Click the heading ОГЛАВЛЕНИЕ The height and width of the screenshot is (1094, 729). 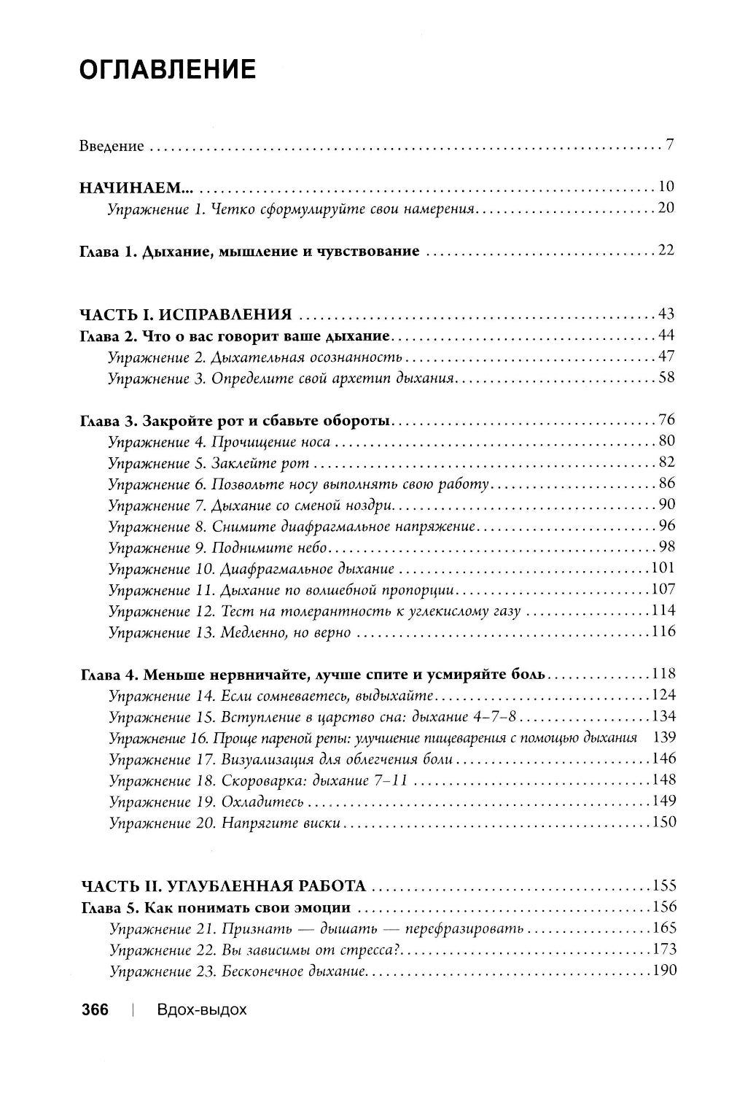coord(167,70)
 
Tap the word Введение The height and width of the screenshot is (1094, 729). coord(112,146)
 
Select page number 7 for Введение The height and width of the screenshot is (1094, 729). coord(669,144)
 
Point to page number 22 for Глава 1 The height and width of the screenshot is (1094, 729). coord(666,250)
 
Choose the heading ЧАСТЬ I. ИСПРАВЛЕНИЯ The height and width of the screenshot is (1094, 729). coord(185,315)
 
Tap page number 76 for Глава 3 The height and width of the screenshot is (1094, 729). coord(666,420)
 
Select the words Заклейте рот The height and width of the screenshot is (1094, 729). coord(260,463)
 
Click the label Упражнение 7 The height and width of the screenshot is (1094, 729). coord(155,505)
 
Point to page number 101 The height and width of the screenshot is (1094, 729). coord(663,568)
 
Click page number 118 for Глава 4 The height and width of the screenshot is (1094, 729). coord(663,673)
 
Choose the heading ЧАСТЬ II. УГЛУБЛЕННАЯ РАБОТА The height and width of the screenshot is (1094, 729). coord(222,886)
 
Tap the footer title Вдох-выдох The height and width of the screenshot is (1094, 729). coord(201,1010)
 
